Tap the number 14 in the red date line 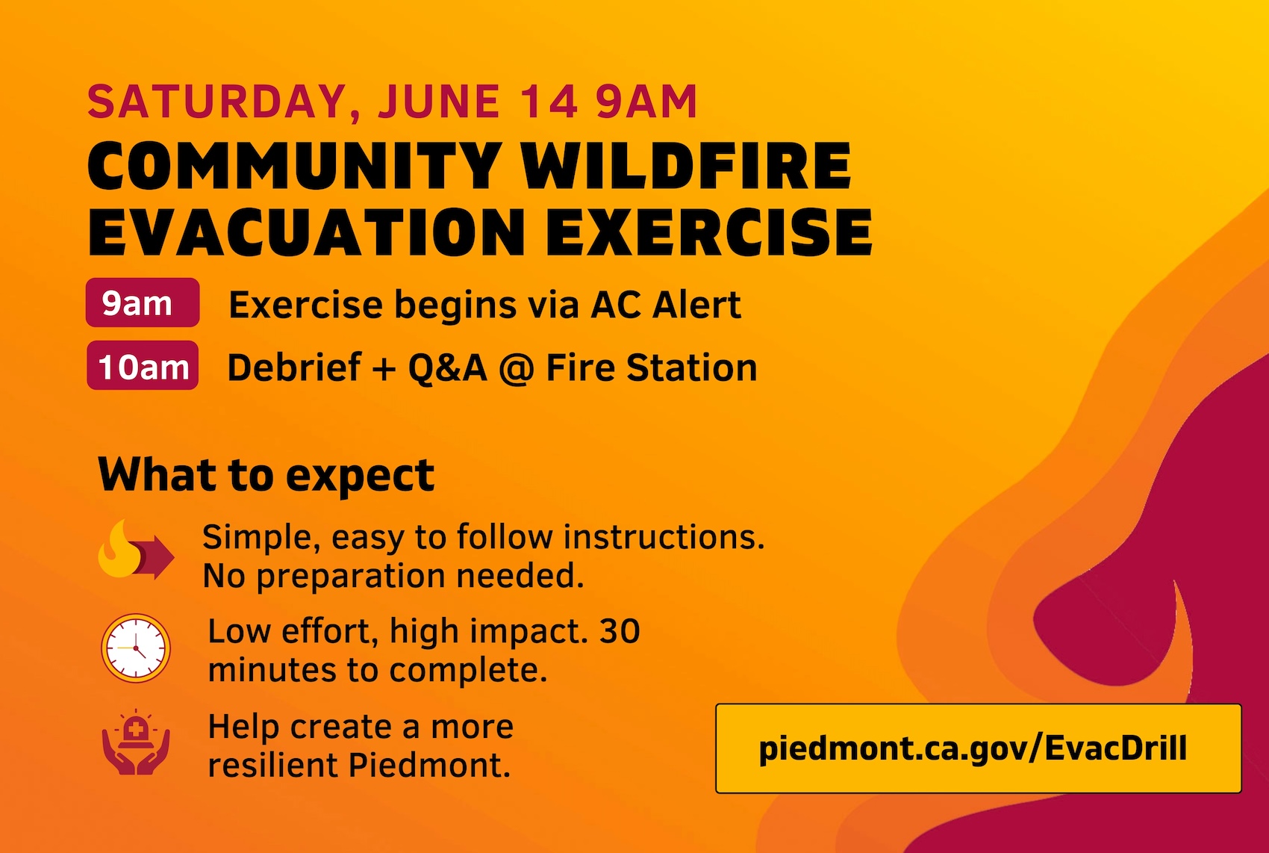coord(549,102)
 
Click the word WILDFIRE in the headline coord(686,165)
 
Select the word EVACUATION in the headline coord(307,232)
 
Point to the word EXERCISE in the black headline coord(708,232)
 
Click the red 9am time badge coord(142,303)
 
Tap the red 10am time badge coord(142,365)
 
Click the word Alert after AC coord(696,305)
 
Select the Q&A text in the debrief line coord(448,368)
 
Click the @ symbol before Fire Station coord(517,369)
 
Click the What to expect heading coord(266,475)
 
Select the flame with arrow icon coord(136,550)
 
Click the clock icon coord(136,648)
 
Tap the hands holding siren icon coord(136,742)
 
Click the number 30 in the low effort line coord(620,631)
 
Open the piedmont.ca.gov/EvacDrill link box coord(979,748)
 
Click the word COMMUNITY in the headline coord(295,165)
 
